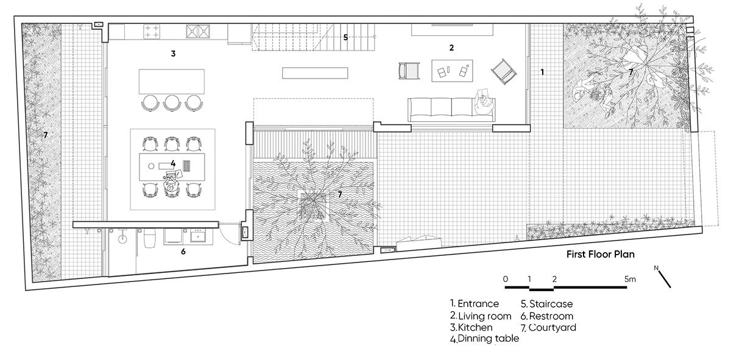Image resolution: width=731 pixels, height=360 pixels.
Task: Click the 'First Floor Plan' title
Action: tap(601, 254)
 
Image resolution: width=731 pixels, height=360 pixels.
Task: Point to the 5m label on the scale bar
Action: tap(630, 279)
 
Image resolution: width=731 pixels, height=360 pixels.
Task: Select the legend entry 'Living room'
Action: tap(481, 316)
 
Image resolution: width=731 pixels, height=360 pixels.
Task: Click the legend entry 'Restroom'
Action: tap(546, 316)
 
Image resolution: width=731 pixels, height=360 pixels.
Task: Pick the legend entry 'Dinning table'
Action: tap(484, 339)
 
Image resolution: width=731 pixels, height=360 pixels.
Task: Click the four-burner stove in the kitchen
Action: tap(152, 32)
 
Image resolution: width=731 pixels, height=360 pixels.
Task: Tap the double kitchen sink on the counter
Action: tap(198, 31)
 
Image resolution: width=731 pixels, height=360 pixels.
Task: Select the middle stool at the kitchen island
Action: tap(172, 102)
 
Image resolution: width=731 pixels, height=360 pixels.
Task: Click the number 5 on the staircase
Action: tap(345, 38)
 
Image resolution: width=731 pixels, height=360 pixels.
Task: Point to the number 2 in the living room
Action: tap(451, 48)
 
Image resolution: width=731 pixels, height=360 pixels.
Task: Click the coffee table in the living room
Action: tap(452, 71)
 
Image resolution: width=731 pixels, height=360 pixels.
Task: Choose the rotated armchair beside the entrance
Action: tap(504, 72)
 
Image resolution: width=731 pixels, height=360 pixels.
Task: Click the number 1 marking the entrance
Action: tap(542, 72)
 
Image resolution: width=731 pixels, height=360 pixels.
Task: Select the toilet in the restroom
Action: tap(150, 238)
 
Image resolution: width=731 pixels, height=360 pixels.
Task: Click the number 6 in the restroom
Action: tap(183, 252)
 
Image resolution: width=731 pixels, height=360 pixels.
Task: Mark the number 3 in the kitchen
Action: tap(173, 54)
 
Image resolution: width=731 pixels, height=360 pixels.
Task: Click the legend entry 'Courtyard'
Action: tap(548, 327)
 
